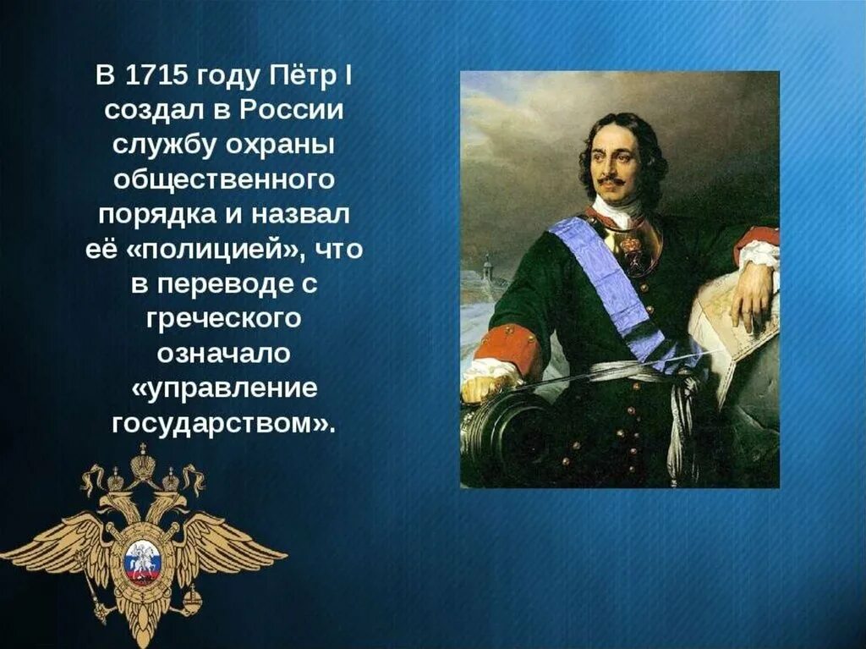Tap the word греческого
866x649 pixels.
[223, 320]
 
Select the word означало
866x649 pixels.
[223, 355]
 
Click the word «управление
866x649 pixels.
[224, 389]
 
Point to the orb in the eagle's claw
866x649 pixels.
[195, 603]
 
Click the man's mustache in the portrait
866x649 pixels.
[611, 180]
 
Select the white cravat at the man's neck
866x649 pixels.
[615, 210]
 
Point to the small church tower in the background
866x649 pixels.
[486, 270]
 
